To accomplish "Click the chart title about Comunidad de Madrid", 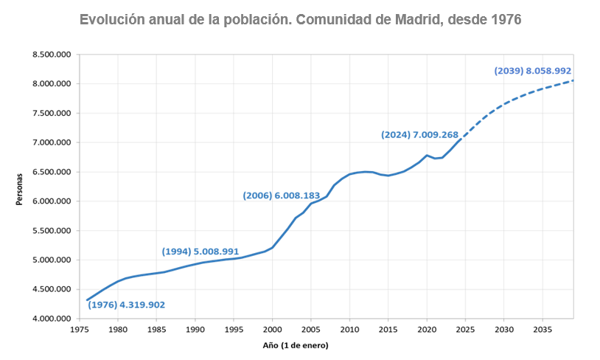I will pos(300,20).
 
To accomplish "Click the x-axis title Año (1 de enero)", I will pos(296,345).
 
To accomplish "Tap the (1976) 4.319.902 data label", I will pos(126,305).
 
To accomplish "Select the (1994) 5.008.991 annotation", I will pos(200,252).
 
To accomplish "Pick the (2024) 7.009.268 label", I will pos(419,135).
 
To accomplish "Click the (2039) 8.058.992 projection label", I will pos(533,71).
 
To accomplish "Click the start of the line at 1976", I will pos(87,300).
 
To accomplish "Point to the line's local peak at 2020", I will pos(427,155).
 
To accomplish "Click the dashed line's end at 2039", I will pos(573,80).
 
